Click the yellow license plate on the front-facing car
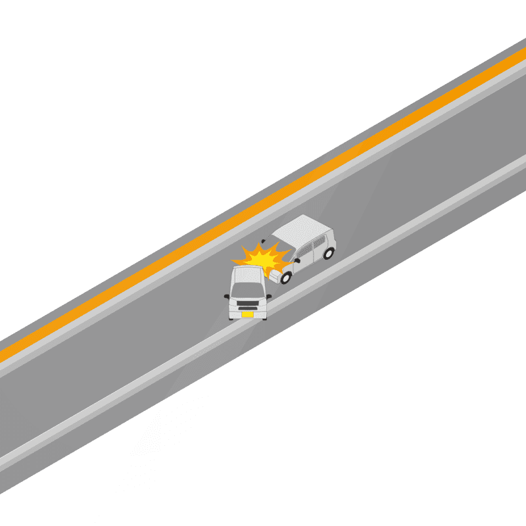(x=247, y=314)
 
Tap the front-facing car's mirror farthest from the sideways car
(x=226, y=296)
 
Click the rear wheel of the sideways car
(x=329, y=252)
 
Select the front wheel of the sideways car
(x=286, y=277)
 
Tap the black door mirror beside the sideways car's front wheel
(x=297, y=261)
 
